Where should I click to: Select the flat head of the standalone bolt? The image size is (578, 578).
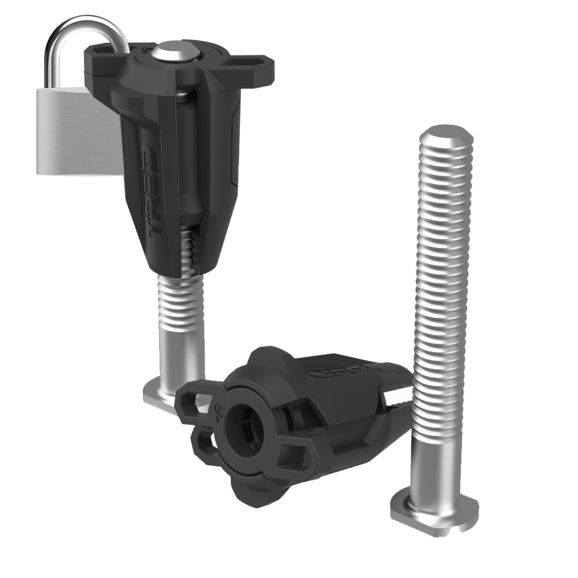pos(428,511)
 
